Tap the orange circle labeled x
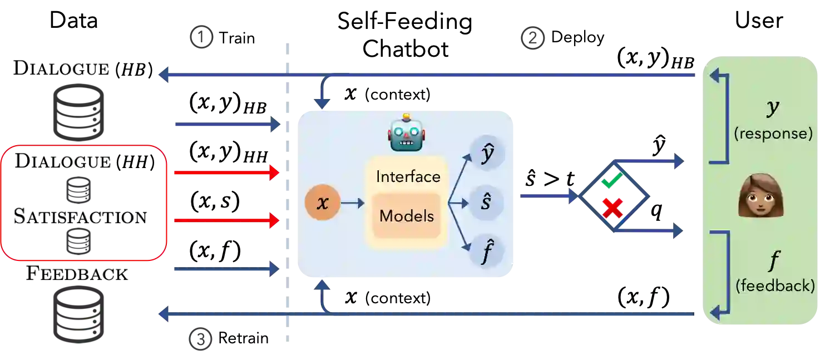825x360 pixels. tap(322, 204)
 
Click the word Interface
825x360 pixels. tap(408, 177)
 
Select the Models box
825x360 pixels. tap(407, 216)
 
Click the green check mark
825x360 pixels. tap(612, 181)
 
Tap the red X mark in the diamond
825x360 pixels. tap(612, 208)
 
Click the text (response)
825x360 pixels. tap(773, 134)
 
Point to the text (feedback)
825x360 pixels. tap(775, 286)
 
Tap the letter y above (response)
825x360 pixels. tap(773, 109)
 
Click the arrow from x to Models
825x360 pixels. tap(352, 204)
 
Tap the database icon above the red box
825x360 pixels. tap(77, 111)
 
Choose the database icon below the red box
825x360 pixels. tap(77, 315)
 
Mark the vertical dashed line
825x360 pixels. tap(287, 189)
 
